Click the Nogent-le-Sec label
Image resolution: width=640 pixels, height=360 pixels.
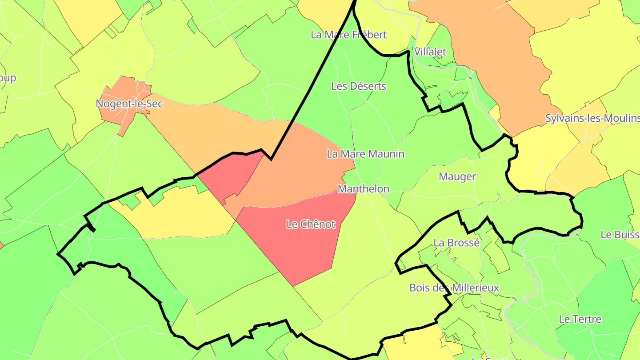click(x=129, y=104)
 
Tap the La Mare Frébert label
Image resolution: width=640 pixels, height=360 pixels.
click(x=349, y=35)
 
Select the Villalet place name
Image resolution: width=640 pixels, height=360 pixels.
click(x=430, y=52)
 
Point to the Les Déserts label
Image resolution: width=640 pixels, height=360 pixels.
click(x=359, y=86)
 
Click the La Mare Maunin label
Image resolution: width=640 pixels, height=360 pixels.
click(x=365, y=154)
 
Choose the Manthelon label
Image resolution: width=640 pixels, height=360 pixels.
click(x=364, y=189)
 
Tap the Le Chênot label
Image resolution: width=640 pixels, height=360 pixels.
click(x=311, y=224)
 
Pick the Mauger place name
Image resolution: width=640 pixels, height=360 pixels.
click(x=457, y=176)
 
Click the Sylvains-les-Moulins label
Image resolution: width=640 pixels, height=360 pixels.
click(x=592, y=119)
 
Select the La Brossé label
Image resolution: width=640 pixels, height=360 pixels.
click(x=456, y=243)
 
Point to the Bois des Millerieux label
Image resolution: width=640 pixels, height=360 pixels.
click(x=454, y=288)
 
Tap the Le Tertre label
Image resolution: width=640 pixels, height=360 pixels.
click(x=580, y=319)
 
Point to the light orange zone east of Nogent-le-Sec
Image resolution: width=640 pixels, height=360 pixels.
click(x=213, y=129)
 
